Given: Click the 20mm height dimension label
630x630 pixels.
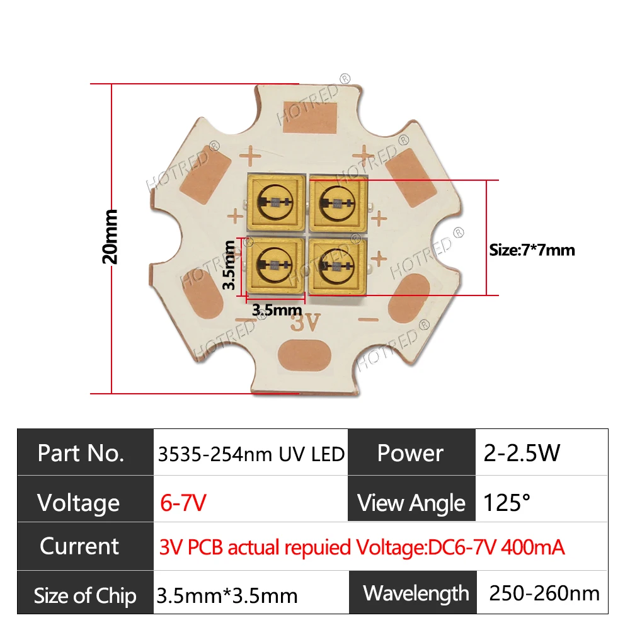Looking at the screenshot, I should pyautogui.click(x=110, y=236).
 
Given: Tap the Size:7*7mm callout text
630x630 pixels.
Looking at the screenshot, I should pyautogui.click(x=532, y=250).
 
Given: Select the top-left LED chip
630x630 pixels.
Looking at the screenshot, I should pyautogui.click(x=275, y=202).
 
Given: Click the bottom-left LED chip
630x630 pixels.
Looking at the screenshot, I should pyautogui.click(x=275, y=265).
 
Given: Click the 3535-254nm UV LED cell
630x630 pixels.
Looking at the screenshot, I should pyautogui.click(x=250, y=453).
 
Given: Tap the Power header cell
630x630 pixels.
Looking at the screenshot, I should pyautogui.click(x=410, y=453).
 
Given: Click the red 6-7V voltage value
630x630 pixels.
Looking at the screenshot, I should pyautogui.click(x=183, y=503).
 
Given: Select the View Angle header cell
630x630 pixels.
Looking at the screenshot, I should pyautogui.click(x=411, y=503).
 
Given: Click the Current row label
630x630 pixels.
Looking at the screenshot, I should pyautogui.click(x=79, y=546).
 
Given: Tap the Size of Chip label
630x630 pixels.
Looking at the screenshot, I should pyautogui.click(x=85, y=595).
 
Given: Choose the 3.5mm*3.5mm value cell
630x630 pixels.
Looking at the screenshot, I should pyautogui.click(x=227, y=595).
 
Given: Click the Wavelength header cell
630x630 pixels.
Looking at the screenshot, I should pyautogui.click(x=416, y=593).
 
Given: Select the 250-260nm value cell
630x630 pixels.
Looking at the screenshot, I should pyautogui.click(x=544, y=593).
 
